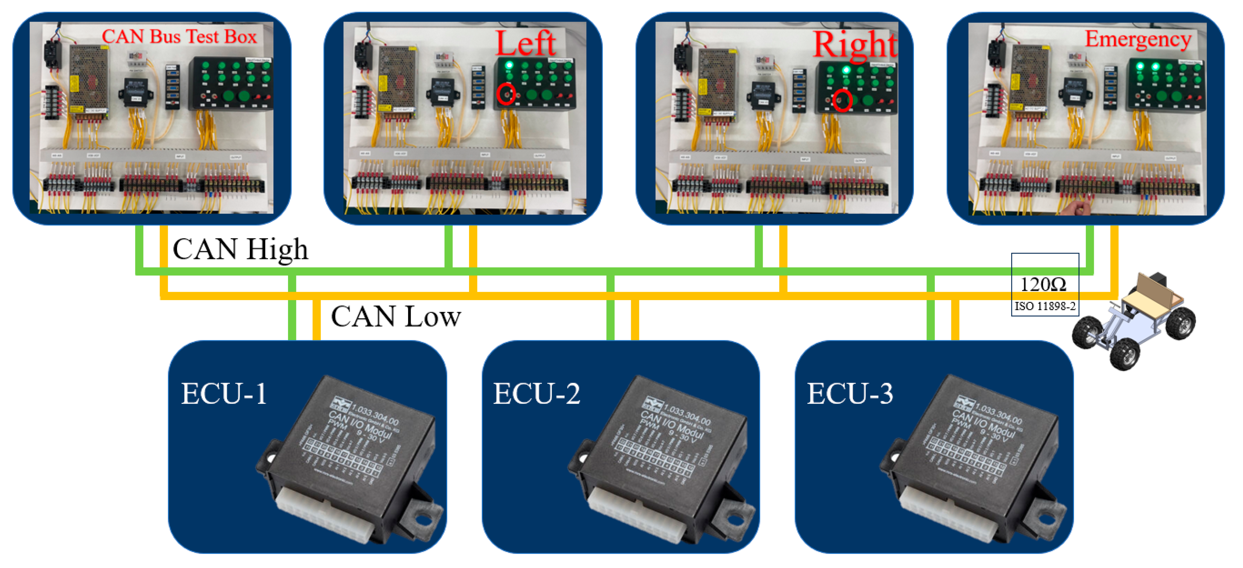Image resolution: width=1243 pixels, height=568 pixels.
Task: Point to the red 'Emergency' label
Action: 1138,39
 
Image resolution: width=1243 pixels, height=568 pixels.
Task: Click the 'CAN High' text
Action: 240,249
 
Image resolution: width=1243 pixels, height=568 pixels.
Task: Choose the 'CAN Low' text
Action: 396,317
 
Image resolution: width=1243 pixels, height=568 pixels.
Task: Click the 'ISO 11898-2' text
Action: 1045,306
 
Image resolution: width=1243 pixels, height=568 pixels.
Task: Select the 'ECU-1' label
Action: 223,394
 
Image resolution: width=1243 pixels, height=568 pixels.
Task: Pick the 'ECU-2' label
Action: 536,394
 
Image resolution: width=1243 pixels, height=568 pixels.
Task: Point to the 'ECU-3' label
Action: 850,394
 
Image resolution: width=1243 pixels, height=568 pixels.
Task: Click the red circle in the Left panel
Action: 506,94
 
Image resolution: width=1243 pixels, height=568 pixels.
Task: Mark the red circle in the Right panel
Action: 843,100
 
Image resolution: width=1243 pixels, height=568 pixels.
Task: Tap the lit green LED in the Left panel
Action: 509,65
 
